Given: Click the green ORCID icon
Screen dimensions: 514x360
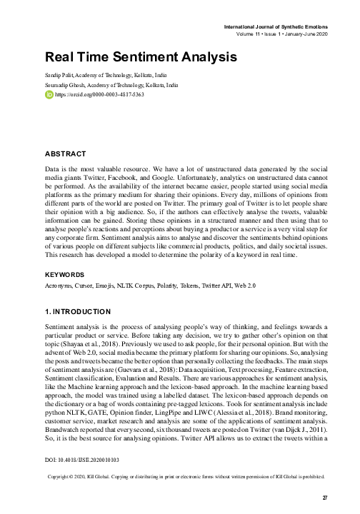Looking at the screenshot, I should [x=49, y=94].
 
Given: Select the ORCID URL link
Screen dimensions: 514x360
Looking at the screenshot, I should [x=89, y=94].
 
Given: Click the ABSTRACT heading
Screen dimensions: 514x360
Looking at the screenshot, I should [x=66, y=153].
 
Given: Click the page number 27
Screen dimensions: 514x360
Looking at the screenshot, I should [x=325, y=497].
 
